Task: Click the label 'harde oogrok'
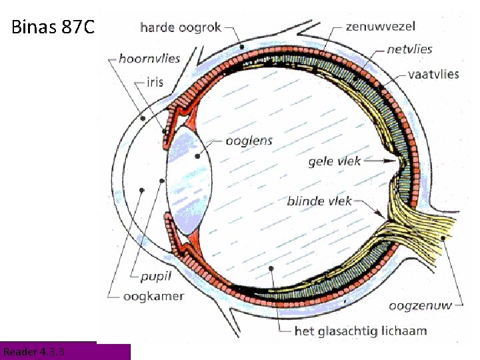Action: [181, 28]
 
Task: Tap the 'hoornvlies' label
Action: [150, 59]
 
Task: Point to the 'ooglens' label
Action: [249, 141]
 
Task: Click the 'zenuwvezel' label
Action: [381, 27]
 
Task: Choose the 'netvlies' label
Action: [409, 49]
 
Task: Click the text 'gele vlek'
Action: [334, 161]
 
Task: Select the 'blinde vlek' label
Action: [319, 200]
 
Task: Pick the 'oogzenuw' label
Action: [420, 306]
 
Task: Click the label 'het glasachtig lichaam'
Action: [361, 330]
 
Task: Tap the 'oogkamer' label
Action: [153, 296]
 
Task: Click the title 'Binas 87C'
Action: [54, 28]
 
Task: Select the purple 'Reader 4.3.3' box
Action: [65, 351]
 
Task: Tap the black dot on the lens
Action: [197, 156]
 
